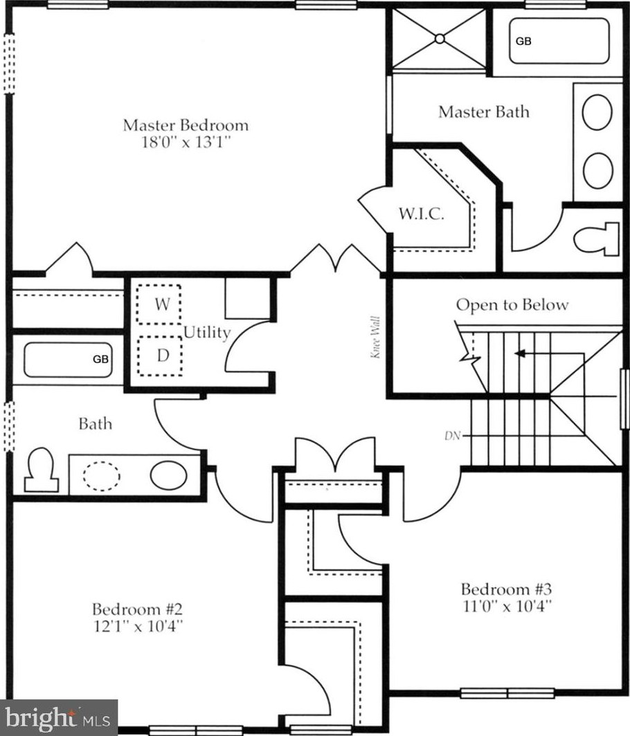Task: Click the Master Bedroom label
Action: [186, 125]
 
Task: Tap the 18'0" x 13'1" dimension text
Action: [186, 142]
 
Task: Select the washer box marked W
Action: [159, 304]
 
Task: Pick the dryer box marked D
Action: [160, 356]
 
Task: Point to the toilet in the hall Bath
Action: [42, 470]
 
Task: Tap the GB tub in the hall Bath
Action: [68, 360]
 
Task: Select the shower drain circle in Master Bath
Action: [440, 39]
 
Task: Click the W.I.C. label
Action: [421, 214]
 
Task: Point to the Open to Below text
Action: [512, 304]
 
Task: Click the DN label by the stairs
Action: [452, 436]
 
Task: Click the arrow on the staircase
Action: [550, 353]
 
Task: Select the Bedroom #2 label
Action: [137, 609]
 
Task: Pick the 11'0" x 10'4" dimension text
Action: [507, 606]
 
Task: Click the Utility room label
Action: [207, 333]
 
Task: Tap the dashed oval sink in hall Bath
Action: [102, 477]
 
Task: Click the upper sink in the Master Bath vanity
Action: [597, 113]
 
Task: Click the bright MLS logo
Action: [58, 718]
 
